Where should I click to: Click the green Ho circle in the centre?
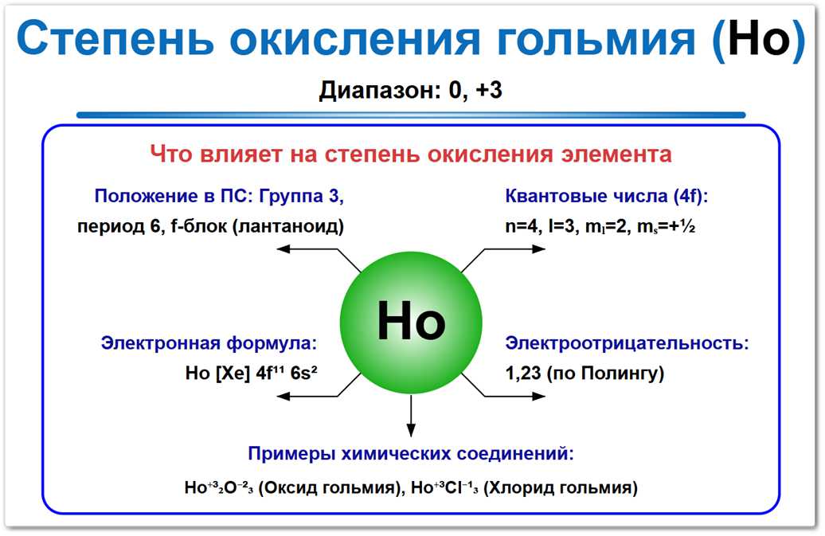(411, 323)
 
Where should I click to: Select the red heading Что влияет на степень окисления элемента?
(411, 153)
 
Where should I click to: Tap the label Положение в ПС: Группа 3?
(219, 196)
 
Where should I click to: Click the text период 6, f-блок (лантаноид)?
(211, 226)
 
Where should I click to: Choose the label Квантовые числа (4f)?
(607, 196)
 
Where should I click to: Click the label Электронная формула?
(209, 343)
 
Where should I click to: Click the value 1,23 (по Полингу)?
(585, 373)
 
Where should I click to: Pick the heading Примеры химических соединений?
(411, 454)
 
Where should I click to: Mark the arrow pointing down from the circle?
(411, 416)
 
